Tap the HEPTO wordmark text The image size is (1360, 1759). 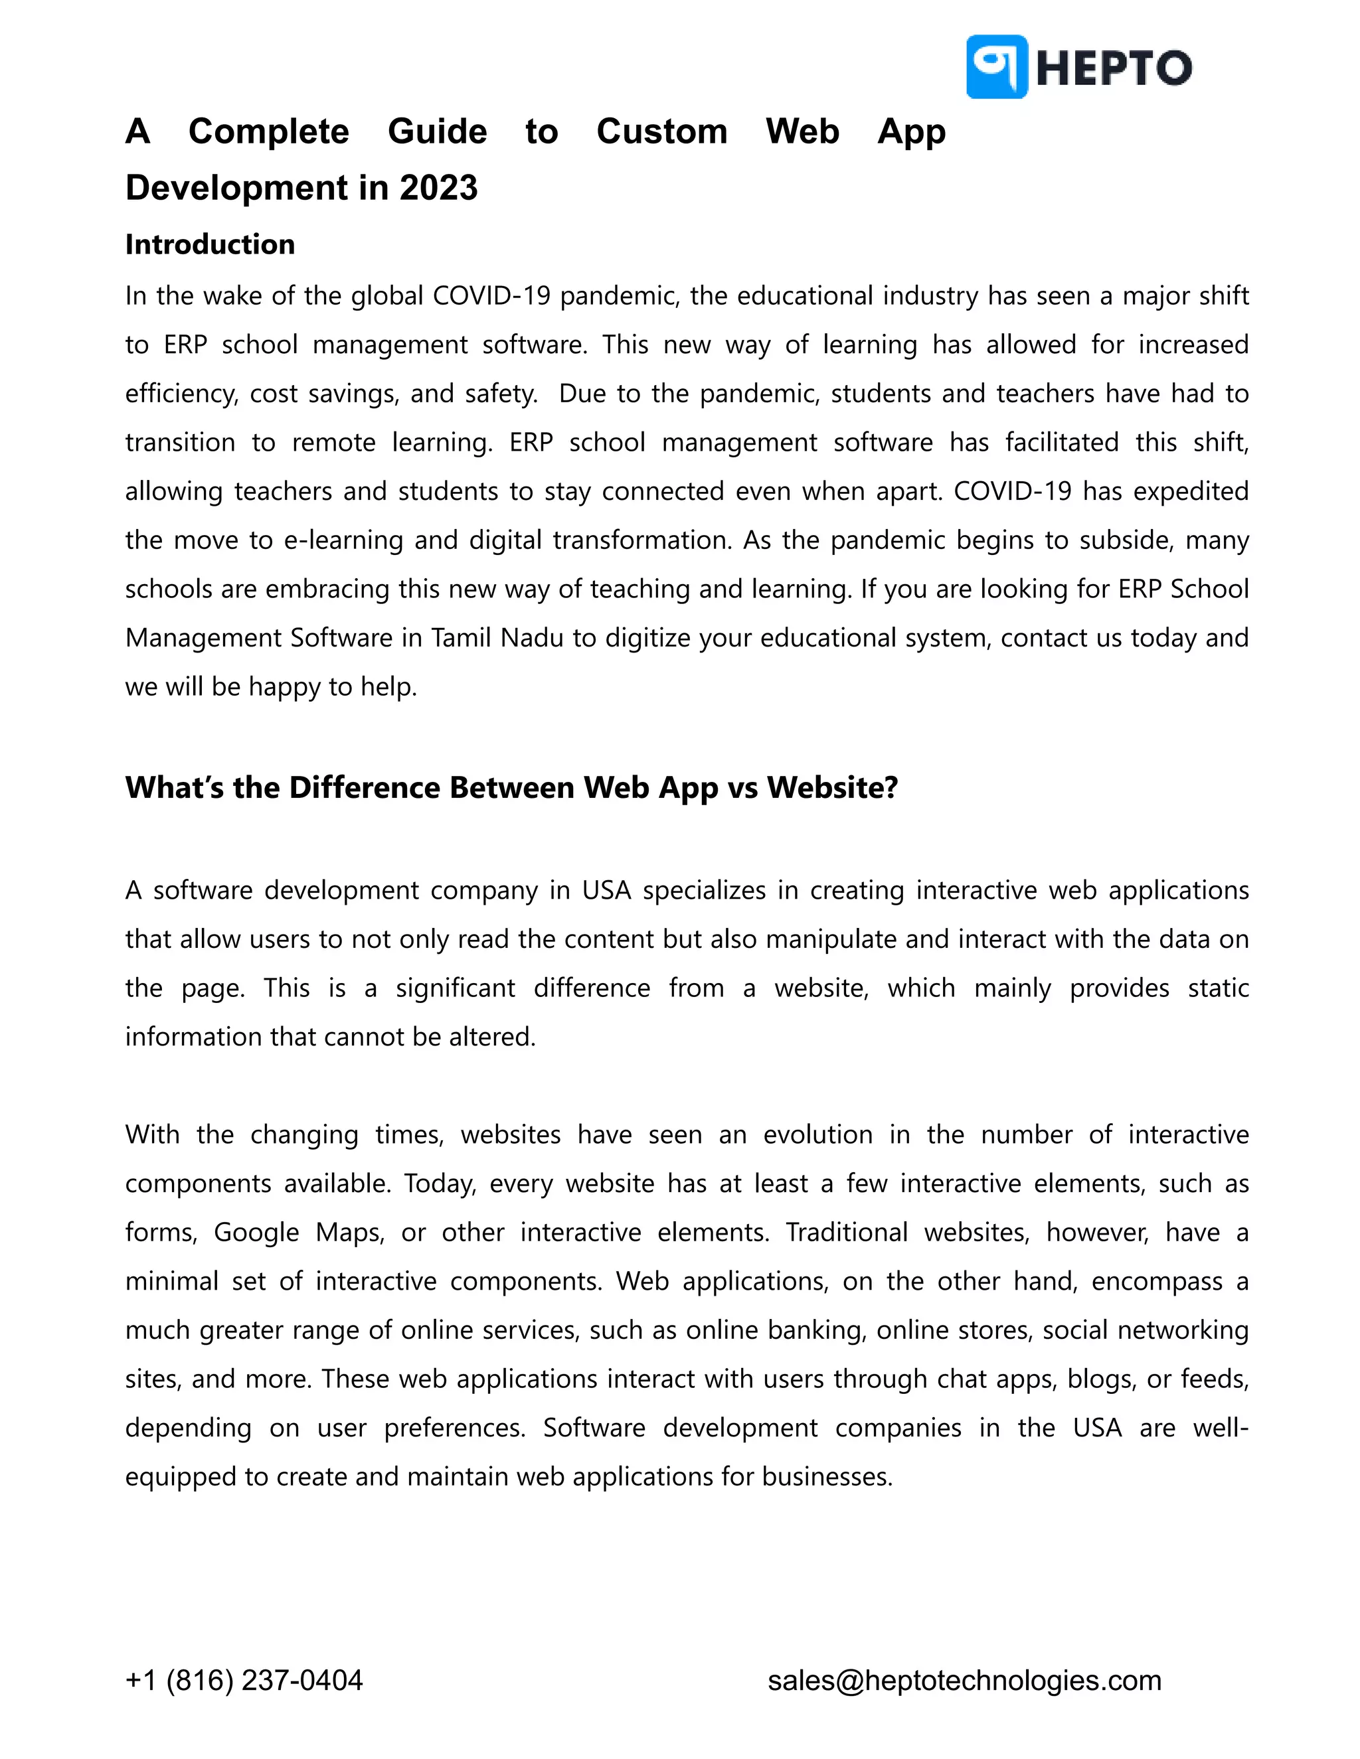click(1114, 68)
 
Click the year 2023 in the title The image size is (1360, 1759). click(438, 188)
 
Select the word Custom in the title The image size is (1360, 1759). click(661, 131)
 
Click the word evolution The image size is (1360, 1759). click(817, 1135)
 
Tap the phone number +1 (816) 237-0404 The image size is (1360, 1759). click(244, 1681)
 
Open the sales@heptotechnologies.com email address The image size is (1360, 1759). click(964, 1681)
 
